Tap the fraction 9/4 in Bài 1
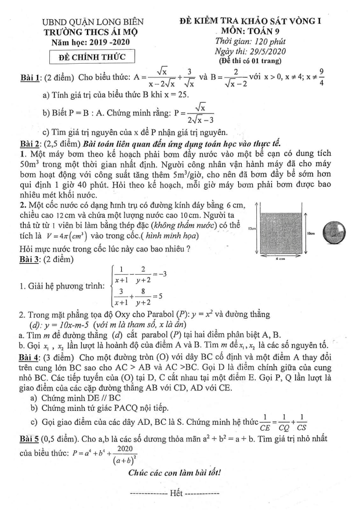tap(338, 78)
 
